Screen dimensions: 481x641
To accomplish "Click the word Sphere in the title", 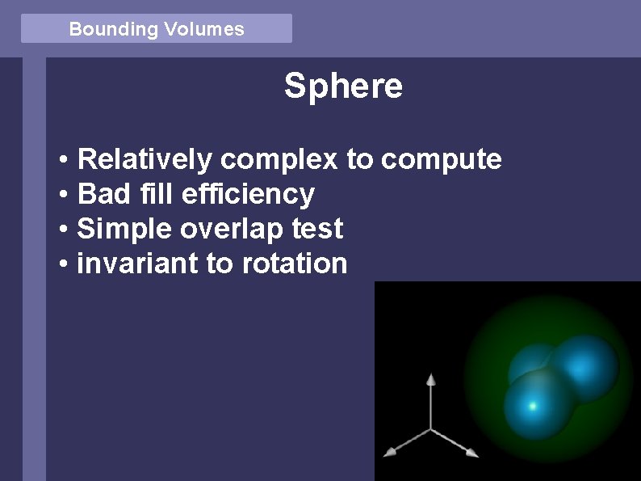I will click(x=343, y=86).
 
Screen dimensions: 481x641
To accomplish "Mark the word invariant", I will click(x=138, y=264).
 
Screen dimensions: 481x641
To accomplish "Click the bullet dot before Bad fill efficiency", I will click(x=63, y=195).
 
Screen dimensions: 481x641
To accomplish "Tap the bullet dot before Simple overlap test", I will click(x=63, y=230).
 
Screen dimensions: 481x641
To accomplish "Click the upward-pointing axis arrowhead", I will click(x=431, y=378).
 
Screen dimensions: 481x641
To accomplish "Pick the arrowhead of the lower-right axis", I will click(x=472, y=452).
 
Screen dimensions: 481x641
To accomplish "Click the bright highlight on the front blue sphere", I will click(x=532, y=404).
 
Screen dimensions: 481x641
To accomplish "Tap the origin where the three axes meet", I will click(x=431, y=428).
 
